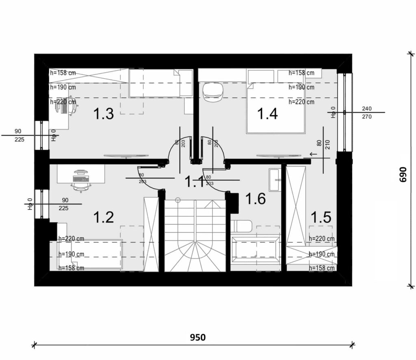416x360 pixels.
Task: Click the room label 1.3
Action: tap(104, 114)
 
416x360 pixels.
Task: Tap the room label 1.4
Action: tap(267, 114)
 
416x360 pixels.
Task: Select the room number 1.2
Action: tap(104, 218)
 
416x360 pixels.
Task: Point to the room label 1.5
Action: tap(321, 218)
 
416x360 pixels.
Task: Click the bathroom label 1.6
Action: tap(256, 199)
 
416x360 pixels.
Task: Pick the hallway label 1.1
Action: tap(195, 181)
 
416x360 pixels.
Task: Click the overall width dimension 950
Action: tap(198, 337)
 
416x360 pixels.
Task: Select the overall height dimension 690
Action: tap(403, 174)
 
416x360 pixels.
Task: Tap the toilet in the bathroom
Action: tap(241, 226)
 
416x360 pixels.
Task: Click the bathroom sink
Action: tap(275, 180)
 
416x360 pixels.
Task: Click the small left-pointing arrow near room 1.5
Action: tap(313, 154)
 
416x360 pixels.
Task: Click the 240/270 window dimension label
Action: tap(367, 112)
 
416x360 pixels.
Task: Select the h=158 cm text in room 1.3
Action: tap(63, 73)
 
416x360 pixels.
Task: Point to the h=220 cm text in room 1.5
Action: tap(322, 239)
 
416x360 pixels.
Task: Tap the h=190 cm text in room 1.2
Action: tap(71, 254)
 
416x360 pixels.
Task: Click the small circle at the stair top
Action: tap(178, 200)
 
